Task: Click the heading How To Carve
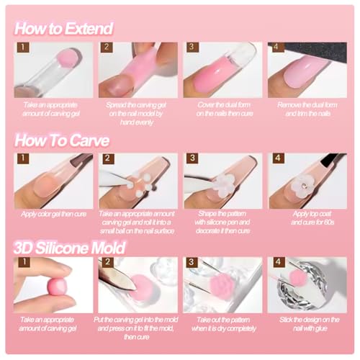click(61, 138)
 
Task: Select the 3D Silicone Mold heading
click(71, 248)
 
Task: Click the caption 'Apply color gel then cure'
click(53, 215)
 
